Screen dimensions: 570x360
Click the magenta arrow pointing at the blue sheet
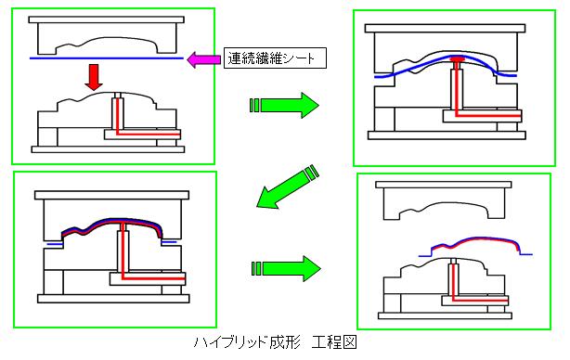pyautogui.click(x=203, y=59)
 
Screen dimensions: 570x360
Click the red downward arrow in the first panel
pyautogui.click(x=94, y=77)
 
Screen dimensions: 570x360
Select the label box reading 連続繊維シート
pyautogui.click(x=275, y=58)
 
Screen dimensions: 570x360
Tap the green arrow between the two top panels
pyautogui.click(x=284, y=105)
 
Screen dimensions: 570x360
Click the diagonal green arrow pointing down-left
pyautogui.click(x=287, y=186)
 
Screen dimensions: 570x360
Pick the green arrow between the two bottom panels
pyautogui.click(x=286, y=268)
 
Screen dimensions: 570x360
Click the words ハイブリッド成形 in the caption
pyautogui.click(x=247, y=342)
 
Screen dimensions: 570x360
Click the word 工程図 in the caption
pyautogui.click(x=334, y=342)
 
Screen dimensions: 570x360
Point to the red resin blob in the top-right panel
pyautogui.click(x=457, y=58)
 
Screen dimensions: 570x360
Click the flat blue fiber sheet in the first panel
pyautogui.click(x=107, y=58)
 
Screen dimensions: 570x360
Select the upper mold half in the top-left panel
pyautogui.click(x=107, y=35)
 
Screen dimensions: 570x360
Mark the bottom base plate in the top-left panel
pyautogui.click(x=108, y=149)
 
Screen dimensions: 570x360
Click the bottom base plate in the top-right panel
pyautogui.click(x=447, y=135)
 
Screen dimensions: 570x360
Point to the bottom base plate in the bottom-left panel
pyautogui.click(x=113, y=299)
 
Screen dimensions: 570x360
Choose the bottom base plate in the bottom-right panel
pyautogui.click(x=445, y=315)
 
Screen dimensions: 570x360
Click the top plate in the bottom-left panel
pyautogui.click(x=111, y=195)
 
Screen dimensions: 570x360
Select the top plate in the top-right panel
pyautogui.click(x=445, y=29)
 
